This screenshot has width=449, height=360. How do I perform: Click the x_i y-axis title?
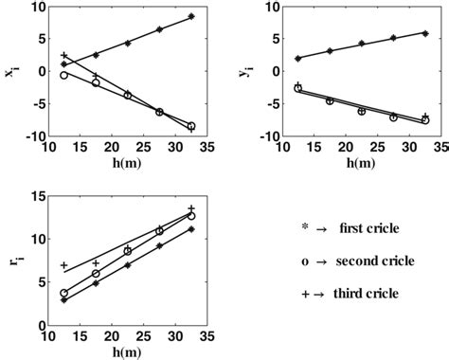[10, 70]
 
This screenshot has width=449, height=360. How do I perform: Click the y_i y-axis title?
[245, 70]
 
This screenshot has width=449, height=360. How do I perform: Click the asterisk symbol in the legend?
[302, 227]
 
